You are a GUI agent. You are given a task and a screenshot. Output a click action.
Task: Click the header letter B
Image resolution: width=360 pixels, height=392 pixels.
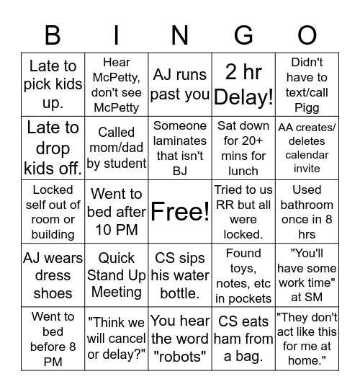click(53, 35)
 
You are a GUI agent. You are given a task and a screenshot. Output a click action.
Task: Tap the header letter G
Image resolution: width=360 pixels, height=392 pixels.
click(243, 35)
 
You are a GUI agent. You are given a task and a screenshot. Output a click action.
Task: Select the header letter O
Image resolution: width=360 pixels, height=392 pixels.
click(307, 35)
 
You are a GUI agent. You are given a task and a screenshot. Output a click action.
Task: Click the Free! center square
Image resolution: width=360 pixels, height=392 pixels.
click(180, 212)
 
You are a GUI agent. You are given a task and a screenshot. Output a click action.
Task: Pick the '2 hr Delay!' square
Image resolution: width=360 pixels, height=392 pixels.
click(243, 84)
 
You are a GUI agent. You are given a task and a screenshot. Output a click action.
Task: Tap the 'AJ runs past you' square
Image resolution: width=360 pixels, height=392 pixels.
click(180, 84)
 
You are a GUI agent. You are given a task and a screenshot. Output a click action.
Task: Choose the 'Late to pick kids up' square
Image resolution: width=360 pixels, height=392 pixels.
click(53, 84)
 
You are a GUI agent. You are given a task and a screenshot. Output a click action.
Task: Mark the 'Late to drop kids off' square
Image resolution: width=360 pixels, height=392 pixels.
click(53, 148)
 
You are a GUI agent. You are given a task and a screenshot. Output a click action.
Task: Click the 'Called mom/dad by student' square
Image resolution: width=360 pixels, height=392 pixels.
click(116, 148)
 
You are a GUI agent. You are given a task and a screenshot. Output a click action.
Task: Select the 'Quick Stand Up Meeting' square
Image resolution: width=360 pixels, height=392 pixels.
click(116, 275)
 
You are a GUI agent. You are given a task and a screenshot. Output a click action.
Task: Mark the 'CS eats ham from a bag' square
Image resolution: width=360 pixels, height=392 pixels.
click(243, 339)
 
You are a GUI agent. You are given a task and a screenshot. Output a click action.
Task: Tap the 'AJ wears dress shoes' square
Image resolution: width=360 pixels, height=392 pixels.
click(53, 275)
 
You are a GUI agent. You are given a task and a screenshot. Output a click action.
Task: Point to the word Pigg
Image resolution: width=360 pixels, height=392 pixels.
click(307, 107)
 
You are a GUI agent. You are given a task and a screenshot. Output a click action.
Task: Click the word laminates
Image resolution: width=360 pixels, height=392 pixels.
click(180, 141)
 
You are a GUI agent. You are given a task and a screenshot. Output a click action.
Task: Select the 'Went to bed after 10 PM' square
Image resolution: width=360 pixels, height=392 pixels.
click(116, 212)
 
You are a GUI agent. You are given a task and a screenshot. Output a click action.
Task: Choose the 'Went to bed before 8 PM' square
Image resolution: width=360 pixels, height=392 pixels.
click(53, 339)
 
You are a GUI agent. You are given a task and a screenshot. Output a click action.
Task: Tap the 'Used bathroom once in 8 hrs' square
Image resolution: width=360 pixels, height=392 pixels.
click(307, 212)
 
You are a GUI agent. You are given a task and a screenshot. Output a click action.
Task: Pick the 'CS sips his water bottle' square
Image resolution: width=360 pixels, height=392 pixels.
click(180, 275)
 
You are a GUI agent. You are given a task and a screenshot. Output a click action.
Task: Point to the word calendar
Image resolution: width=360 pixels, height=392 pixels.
click(307, 155)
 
